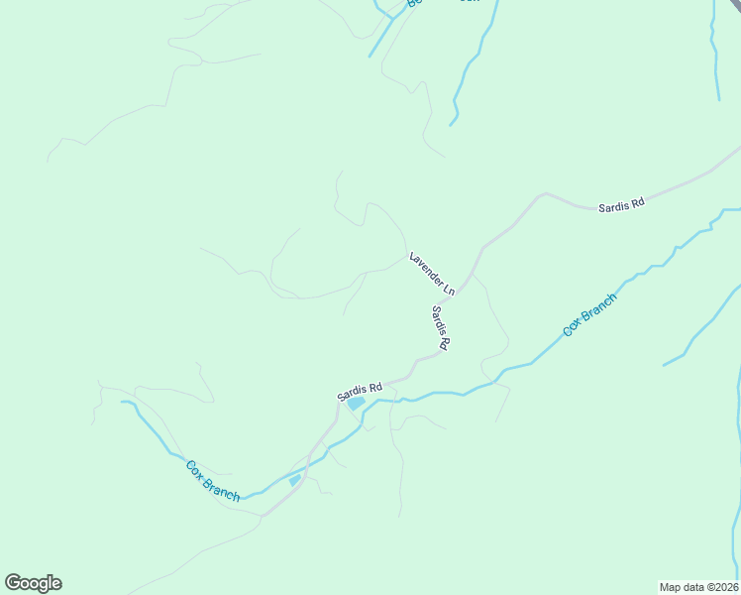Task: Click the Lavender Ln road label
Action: click(432, 274)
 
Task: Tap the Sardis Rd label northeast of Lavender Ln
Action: click(621, 204)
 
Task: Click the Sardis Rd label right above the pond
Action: click(360, 392)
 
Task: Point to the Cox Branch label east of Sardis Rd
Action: click(589, 313)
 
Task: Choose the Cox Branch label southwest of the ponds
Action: click(213, 480)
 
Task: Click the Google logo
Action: click(33, 583)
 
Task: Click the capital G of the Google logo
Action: click(13, 583)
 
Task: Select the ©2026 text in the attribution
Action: click(722, 587)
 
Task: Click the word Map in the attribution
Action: click(671, 587)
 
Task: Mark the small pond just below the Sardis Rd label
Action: click(354, 405)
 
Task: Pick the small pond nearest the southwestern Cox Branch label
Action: click(294, 481)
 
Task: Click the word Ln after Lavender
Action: click(448, 290)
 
